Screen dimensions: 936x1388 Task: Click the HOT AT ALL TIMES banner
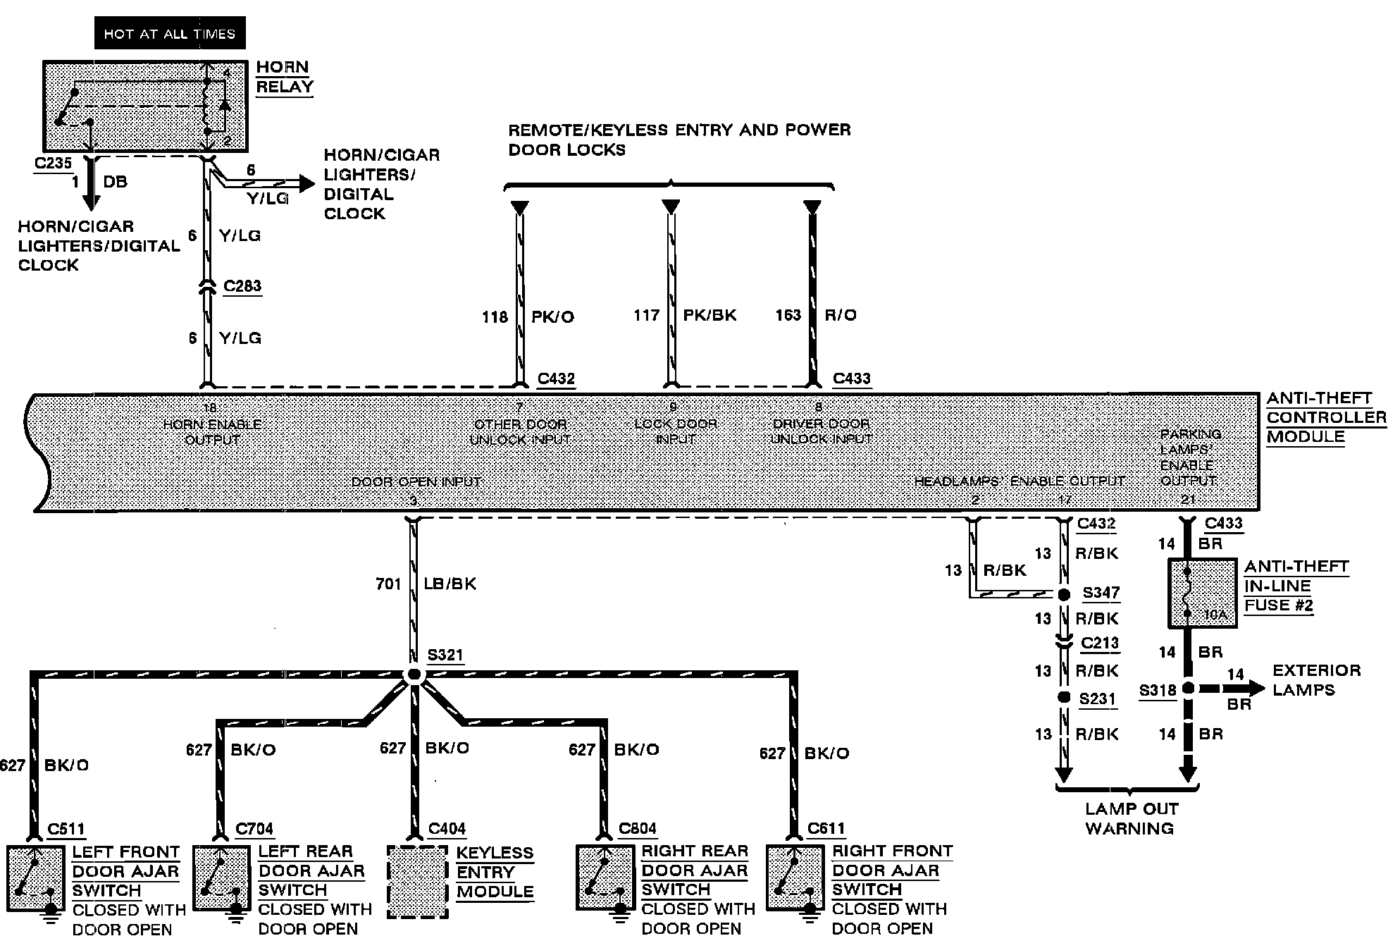pyautogui.click(x=170, y=33)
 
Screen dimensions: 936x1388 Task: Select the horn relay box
pyautogui.click(x=145, y=106)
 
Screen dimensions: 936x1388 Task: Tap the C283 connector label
pyautogui.click(x=242, y=286)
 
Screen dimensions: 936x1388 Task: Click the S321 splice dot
pyautogui.click(x=414, y=675)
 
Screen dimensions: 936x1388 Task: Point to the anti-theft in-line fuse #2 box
pyautogui.click(x=1202, y=593)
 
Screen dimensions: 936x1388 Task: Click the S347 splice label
pyautogui.click(x=1101, y=593)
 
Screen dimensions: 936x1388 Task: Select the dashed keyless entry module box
pyautogui.click(x=417, y=881)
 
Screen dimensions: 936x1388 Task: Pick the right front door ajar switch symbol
pyautogui.click(x=794, y=878)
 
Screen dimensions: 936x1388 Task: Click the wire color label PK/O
pyautogui.click(x=552, y=316)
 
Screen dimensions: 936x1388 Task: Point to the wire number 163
pyautogui.click(x=788, y=315)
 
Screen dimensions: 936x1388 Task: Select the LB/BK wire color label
pyautogui.click(x=450, y=584)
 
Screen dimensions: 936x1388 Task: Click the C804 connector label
pyautogui.click(x=637, y=829)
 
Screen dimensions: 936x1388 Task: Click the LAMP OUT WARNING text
pyautogui.click(x=1129, y=818)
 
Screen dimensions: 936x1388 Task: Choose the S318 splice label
pyautogui.click(x=1158, y=690)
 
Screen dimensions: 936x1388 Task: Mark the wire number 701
pyautogui.click(x=388, y=584)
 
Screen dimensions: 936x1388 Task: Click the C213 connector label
pyautogui.click(x=1100, y=643)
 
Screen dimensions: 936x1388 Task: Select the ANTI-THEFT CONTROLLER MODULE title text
pyautogui.click(x=1325, y=417)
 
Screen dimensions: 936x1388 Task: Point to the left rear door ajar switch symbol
pyautogui.click(x=221, y=878)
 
